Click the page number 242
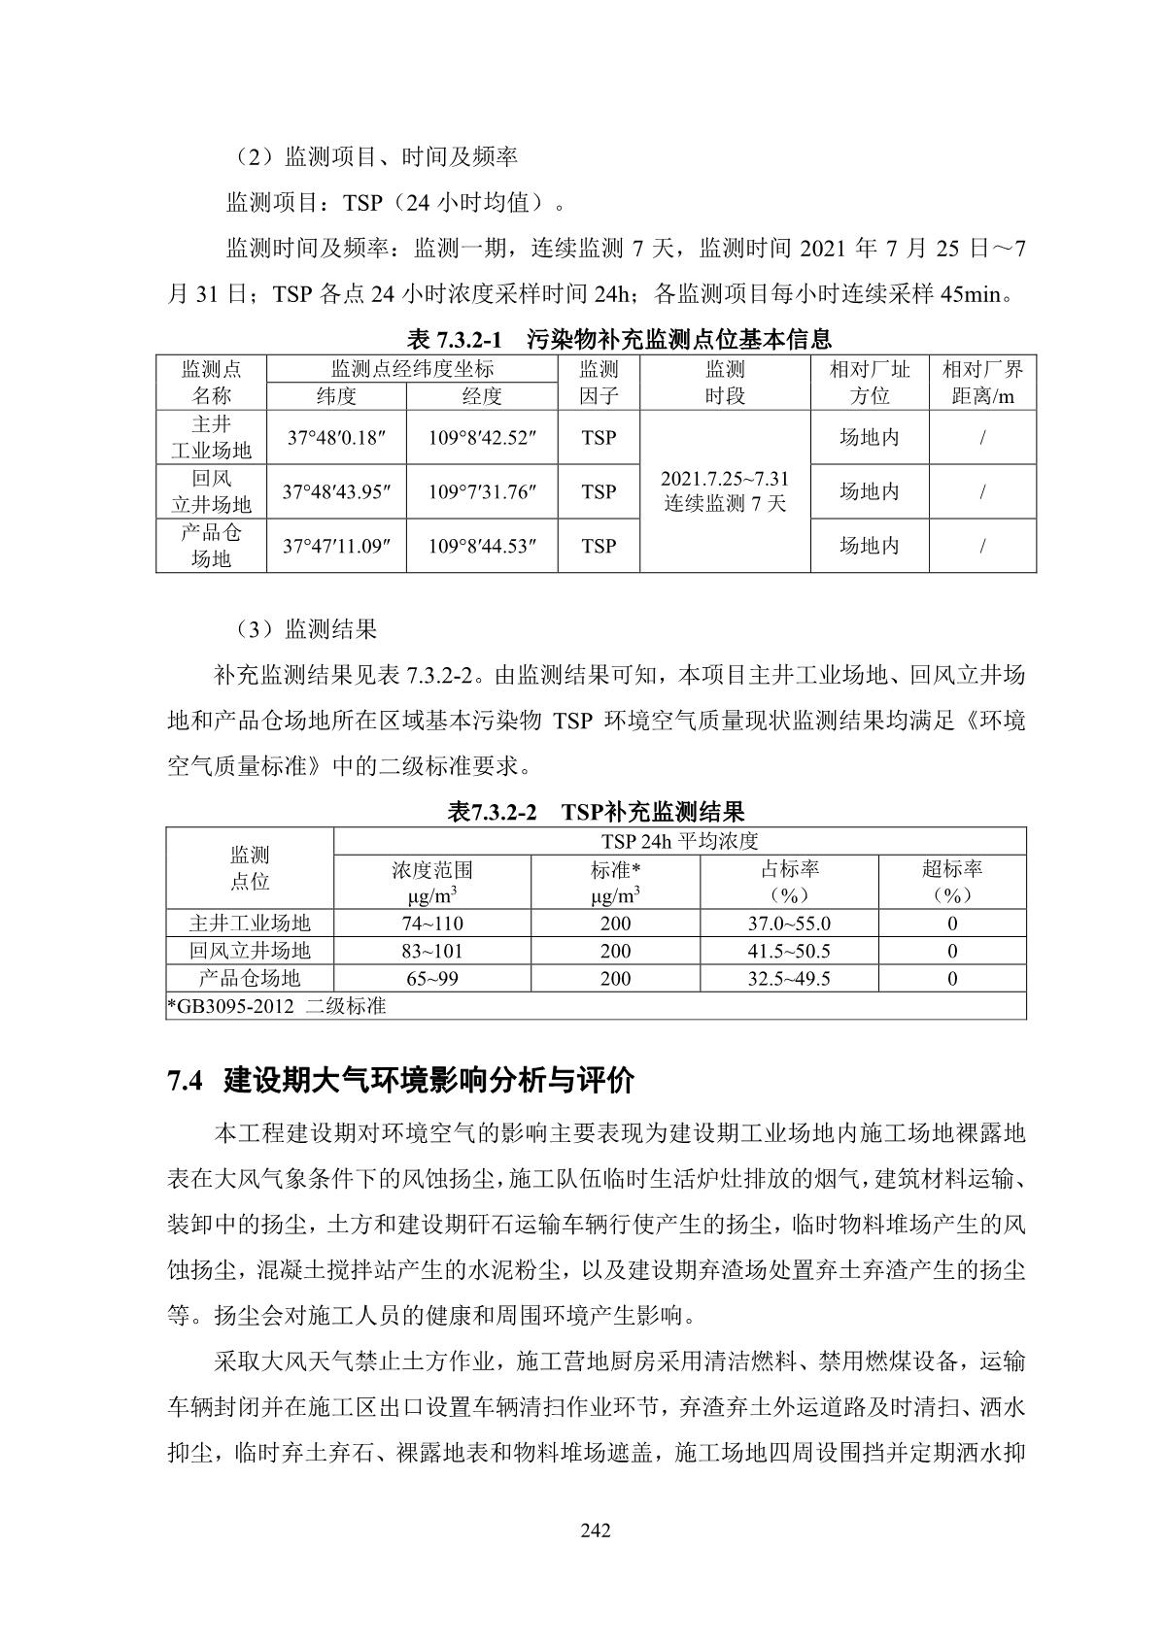tap(595, 1531)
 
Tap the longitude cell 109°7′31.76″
tap(482, 492)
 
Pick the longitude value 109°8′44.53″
tap(482, 547)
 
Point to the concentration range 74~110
tap(432, 924)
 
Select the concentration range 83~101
tap(432, 951)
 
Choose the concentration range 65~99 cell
tap(432, 978)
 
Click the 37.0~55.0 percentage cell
tap(789, 924)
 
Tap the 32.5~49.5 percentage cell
tap(789, 978)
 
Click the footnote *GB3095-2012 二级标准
tap(277, 1006)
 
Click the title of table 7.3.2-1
tap(619, 339)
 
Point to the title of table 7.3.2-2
tap(596, 812)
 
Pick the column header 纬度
tap(336, 396)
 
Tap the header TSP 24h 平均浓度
tap(679, 841)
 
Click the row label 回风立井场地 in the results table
tap(250, 951)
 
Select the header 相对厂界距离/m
tap(982, 383)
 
